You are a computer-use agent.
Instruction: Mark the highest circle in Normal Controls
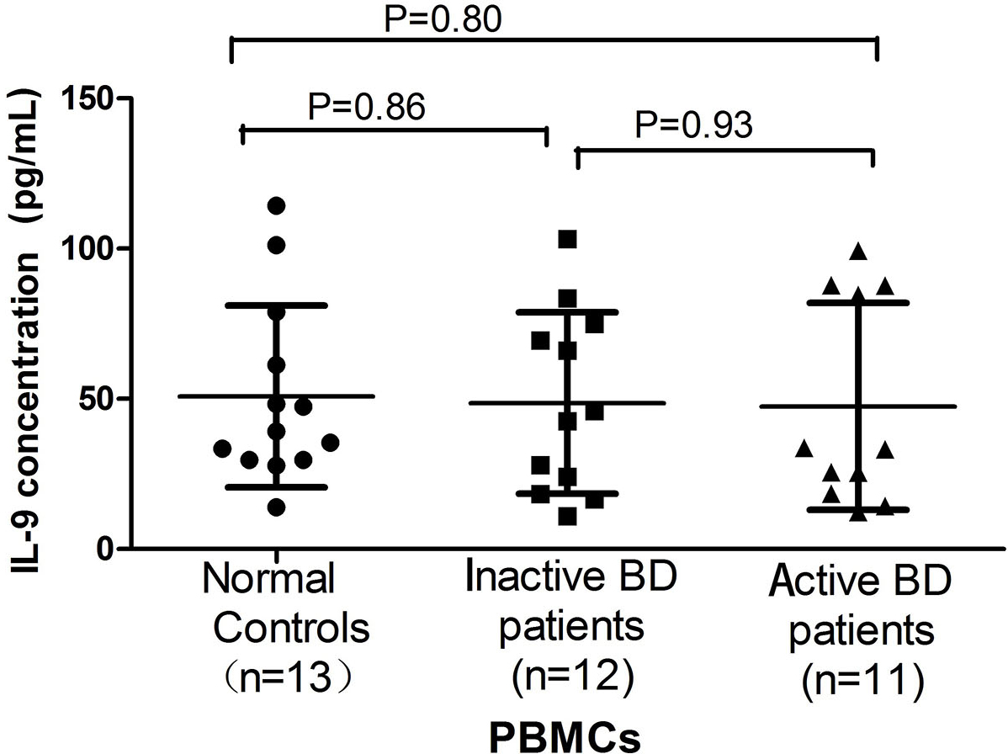point(276,205)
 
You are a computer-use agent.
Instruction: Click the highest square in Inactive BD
point(567,239)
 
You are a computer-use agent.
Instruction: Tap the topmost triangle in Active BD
point(858,251)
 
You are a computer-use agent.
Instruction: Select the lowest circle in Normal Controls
point(276,507)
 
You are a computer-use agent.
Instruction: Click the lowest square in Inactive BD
point(567,516)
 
